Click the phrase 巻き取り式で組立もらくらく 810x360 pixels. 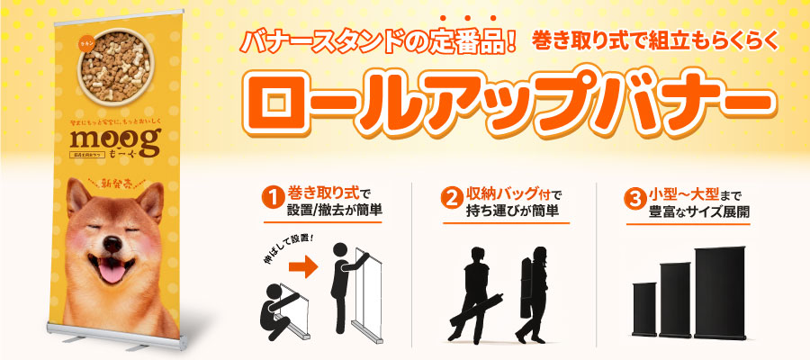pyautogui.click(x=654, y=41)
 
